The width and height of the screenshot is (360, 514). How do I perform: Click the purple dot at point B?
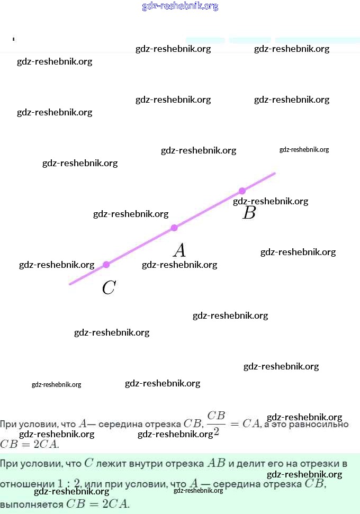(x=242, y=191)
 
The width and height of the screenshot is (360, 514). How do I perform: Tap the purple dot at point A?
(x=174, y=228)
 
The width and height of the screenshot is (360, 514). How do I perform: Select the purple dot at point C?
(x=106, y=264)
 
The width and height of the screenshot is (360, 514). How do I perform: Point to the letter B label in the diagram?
(x=249, y=213)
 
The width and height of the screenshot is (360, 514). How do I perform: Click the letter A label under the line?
(x=179, y=250)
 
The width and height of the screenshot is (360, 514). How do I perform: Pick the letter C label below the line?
(x=109, y=288)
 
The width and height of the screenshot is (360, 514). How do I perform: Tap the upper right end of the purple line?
(x=274, y=173)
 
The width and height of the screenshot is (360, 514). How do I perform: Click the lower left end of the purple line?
(x=70, y=284)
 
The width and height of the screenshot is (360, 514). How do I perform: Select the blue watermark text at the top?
(x=180, y=6)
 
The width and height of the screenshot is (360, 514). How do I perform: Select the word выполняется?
(x=31, y=504)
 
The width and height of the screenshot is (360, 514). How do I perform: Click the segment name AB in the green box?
(x=215, y=463)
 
